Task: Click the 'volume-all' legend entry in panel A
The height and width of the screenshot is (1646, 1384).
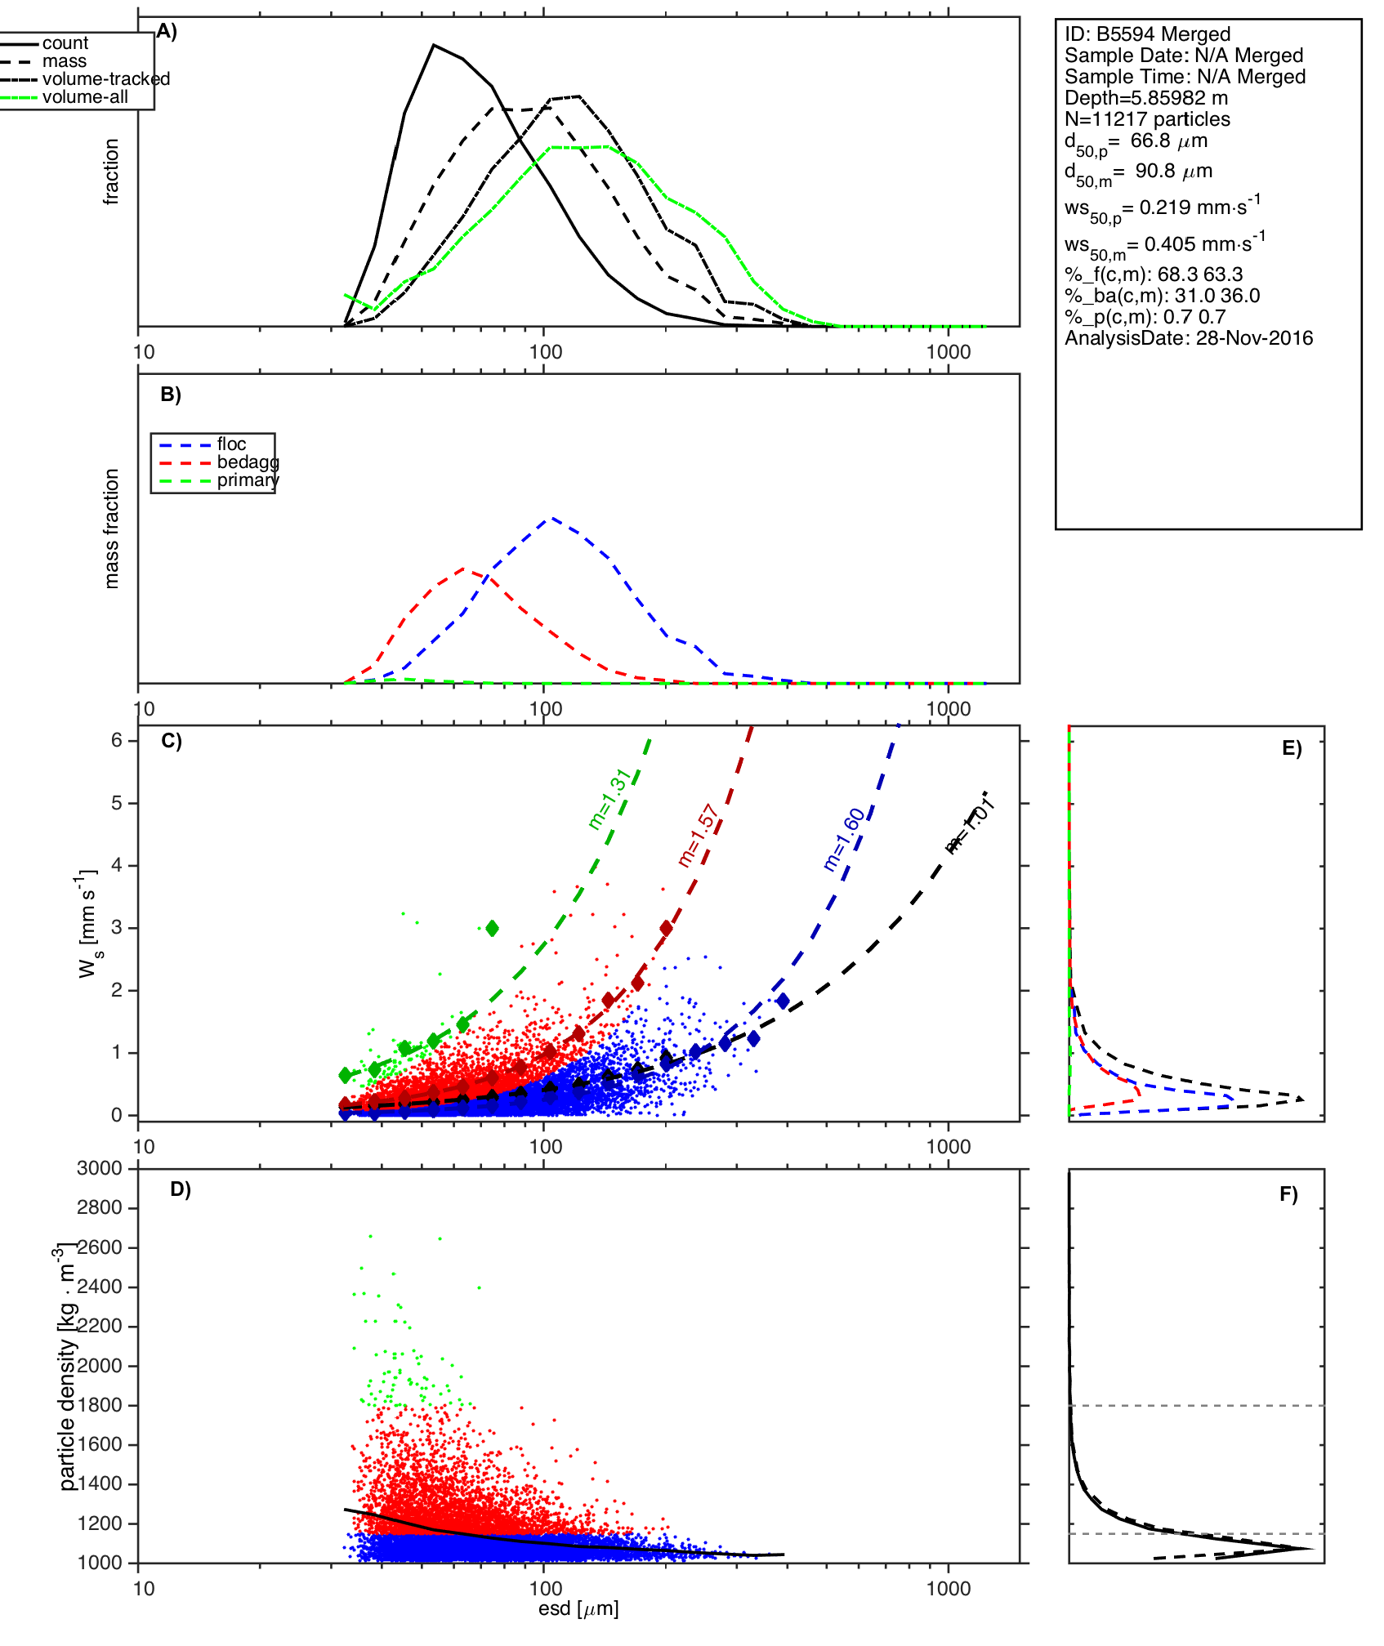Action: pyautogui.click(x=85, y=97)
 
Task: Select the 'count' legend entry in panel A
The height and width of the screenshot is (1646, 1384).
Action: pyautogui.click(x=65, y=43)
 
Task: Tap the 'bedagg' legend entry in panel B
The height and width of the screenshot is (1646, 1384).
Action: pyautogui.click(x=248, y=462)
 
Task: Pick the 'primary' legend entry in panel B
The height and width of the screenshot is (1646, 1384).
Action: pyautogui.click(x=248, y=480)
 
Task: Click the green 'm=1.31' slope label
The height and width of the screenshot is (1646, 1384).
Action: pyautogui.click(x=609, y=799)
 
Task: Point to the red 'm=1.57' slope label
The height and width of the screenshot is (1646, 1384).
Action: pyautogui.click(x=698, y=836)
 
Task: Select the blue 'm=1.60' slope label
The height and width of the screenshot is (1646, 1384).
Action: pyautogui.click(x=844, y=839)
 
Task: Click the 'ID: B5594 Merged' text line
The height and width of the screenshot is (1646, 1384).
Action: pyautogui.click(x=1147, y=34)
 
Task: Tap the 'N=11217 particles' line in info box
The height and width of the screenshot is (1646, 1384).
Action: pyautogui.click(x=1147, y=119)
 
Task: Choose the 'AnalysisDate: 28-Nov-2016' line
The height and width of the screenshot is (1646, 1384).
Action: pyautogui.click(x=1189, y=338)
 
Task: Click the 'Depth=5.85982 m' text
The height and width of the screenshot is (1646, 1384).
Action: pyautogui.click(x=1146, y=98)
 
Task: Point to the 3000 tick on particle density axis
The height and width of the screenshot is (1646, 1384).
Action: pyautogui.click(x=100, y=1169)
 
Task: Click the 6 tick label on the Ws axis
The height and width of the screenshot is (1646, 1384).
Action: pyautogui.click(x=117, y=740)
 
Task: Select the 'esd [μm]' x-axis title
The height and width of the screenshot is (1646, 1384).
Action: pyautogui.click(x=578, y=1609)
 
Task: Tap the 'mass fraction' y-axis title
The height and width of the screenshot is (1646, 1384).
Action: pyautogui.click(x=112, y=529)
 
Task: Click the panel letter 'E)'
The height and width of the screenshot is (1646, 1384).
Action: pyautogui.click(x=1292, y=748)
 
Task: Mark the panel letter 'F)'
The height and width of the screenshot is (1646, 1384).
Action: pyautogui.click(x=1288, y=1195)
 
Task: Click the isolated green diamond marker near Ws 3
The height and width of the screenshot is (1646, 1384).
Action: pyautogui.click(x=492, y=928)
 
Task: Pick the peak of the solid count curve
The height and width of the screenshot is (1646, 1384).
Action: pyautogui.click(x=434, y=45)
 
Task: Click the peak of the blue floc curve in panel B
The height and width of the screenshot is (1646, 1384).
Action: pyautogui.click(x=551, y=517)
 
